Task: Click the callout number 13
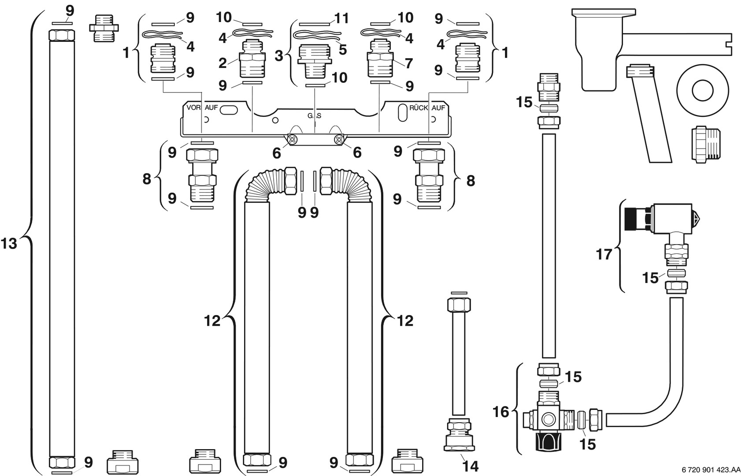click(9, 243)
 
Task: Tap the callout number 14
click(471, 465)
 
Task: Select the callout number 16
click(501, 412)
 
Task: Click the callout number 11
click(342, 18)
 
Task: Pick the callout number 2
click(223, 63)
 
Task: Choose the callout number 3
click(279, 56)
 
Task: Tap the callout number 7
click(408, 63)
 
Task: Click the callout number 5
click(342, 49)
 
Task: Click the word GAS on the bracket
click(315, 115)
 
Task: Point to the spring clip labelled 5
click(314, 34)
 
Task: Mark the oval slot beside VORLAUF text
click(228, 110)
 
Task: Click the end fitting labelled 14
click(459, 437)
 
